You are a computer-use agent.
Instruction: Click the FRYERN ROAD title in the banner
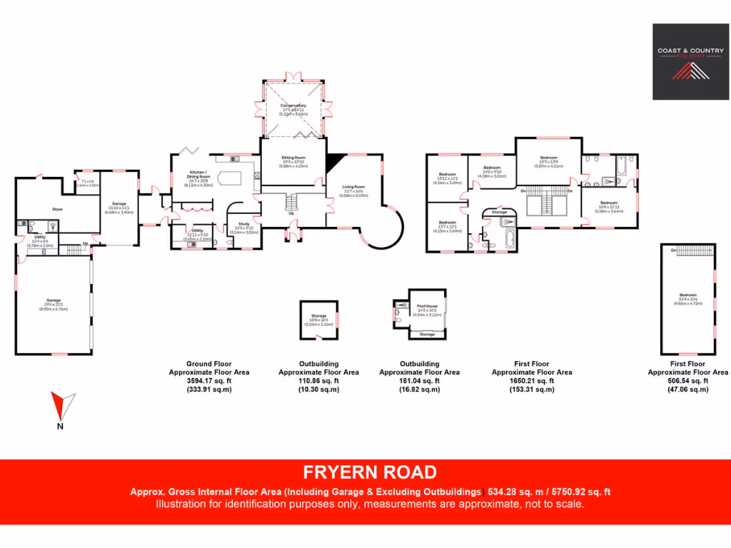point(369,472)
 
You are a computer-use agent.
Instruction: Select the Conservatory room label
point(293,106)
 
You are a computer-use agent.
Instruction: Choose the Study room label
point(243,224)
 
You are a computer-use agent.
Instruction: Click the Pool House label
point(427,305)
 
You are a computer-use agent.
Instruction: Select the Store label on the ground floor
point(58,209)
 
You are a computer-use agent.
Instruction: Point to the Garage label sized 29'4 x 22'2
point(54,300)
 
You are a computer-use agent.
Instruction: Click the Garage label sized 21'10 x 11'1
point(119,204)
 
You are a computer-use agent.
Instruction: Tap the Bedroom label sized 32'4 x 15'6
point(687,295)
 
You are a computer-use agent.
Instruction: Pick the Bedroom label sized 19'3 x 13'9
point(548,158)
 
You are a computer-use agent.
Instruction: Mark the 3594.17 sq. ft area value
point(208,381)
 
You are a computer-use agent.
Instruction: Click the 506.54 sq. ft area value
point(687,381)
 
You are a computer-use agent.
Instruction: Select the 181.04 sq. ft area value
point(419,381)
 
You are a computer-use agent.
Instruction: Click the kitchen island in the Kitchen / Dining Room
point(230,177)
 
